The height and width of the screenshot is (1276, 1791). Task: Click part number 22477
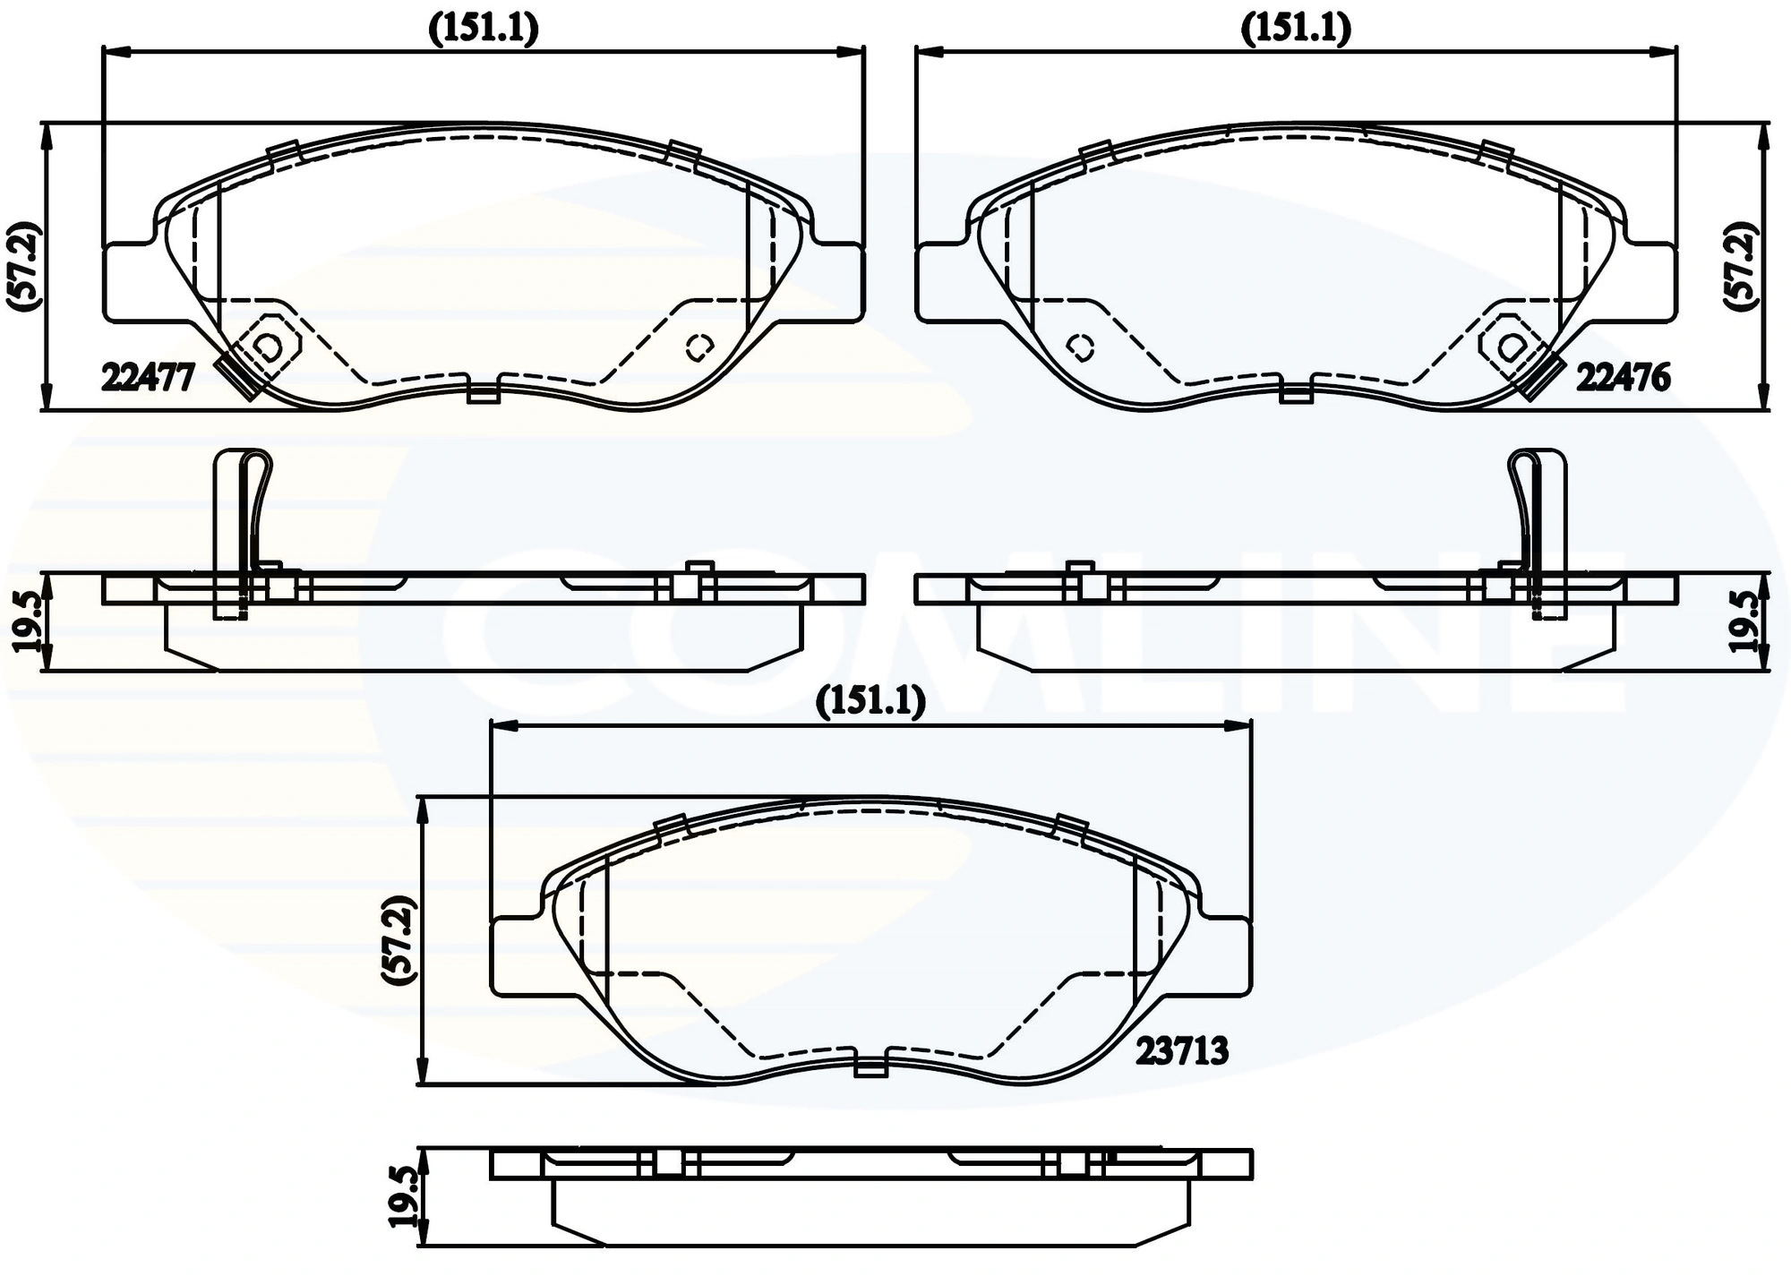[x=148, y=378]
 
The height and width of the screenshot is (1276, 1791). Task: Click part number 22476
[x=1623, y=378]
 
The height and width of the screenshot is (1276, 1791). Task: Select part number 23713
[x=1182, y=1051]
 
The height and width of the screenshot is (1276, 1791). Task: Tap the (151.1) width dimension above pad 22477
[x=484, y=30]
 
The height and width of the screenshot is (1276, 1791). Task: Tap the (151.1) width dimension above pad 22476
[x=1296, y=30]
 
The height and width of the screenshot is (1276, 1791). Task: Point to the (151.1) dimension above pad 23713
[x=870, y=702]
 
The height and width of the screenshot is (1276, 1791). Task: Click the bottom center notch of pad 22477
[x=484, y=394]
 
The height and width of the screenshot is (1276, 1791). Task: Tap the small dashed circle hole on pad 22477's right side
[x=698, y=347]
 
